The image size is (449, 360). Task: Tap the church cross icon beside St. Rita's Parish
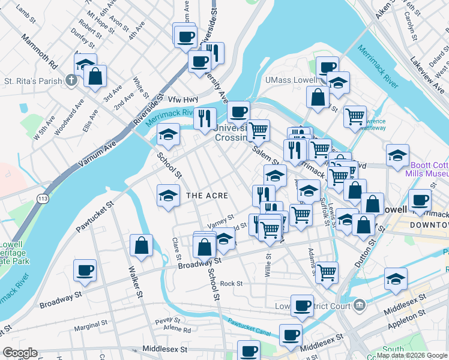70,80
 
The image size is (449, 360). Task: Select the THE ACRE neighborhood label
207,196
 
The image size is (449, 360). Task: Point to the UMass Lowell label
292,80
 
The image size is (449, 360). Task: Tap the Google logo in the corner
20,353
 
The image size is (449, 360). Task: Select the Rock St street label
231,283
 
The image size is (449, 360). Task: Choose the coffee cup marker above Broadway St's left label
85,271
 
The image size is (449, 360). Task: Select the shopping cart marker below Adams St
327,272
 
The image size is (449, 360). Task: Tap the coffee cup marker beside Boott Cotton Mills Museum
420,200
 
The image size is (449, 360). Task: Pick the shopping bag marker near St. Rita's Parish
95,76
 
